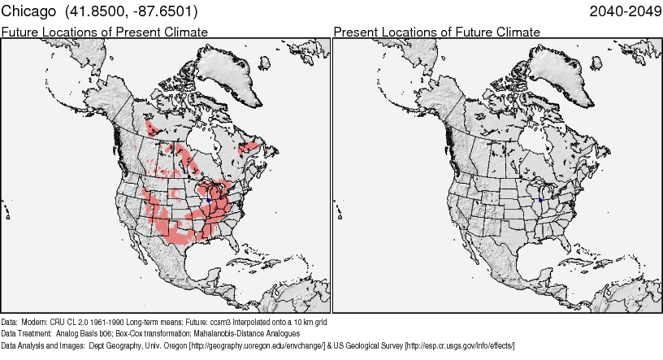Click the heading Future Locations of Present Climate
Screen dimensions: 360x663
click(x=105, y=32)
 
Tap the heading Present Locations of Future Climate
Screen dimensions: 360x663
click(x=436, y=32)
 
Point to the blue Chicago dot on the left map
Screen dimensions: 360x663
click(x=209, y=200)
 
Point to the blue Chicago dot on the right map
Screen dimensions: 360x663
click(x=540, y=200)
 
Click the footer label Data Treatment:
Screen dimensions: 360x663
click(x=27, y=334)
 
